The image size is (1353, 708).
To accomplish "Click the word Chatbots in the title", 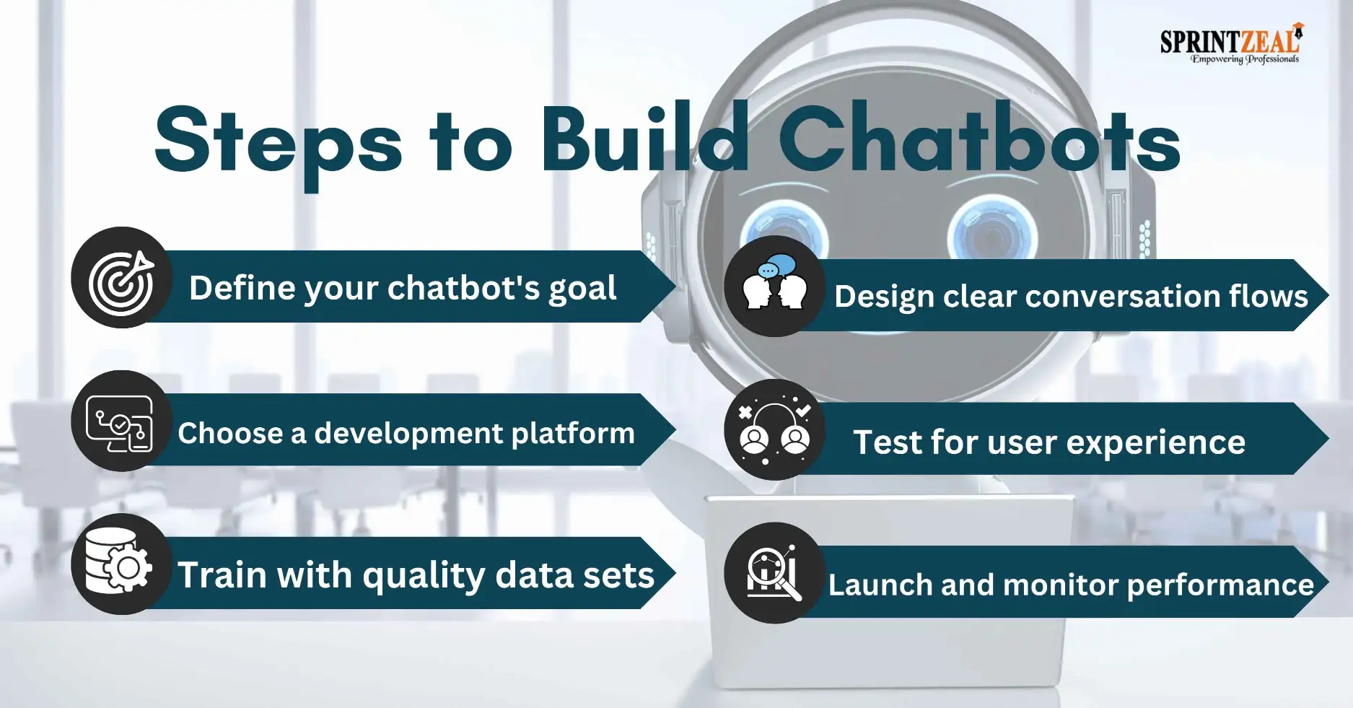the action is (978, 139).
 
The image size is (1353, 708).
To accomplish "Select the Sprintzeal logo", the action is (1232, 43).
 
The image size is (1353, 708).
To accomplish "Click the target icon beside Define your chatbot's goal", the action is (121, 284).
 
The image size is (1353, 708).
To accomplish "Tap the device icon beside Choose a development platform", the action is (120, 424).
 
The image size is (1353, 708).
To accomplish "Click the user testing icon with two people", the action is (774, 430).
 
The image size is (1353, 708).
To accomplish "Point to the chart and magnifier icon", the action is (773, 573).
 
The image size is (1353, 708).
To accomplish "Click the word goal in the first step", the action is (582, 289).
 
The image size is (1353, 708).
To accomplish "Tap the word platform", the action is (573, 434).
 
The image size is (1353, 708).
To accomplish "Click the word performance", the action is (1220, 586).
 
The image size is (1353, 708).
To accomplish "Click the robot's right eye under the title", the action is (993, 232).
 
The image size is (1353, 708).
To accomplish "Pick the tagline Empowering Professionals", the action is (1244, 59).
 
